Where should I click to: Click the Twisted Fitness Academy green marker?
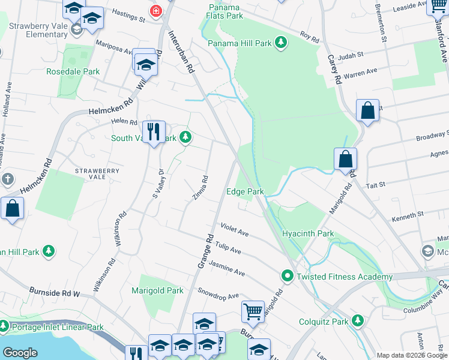288,277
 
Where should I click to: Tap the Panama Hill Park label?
240,43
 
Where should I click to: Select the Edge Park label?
245,192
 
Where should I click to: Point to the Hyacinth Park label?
308,233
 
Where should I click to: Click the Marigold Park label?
157,290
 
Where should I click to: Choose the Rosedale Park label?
73,71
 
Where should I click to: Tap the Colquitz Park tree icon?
358,321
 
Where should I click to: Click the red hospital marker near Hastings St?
156,11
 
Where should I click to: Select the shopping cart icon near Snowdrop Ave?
253,311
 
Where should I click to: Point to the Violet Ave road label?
234,231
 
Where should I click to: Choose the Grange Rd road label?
206,250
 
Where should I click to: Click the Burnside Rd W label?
55,292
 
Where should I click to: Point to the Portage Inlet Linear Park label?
56,328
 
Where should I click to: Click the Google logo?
20,353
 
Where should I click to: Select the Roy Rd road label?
310,37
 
